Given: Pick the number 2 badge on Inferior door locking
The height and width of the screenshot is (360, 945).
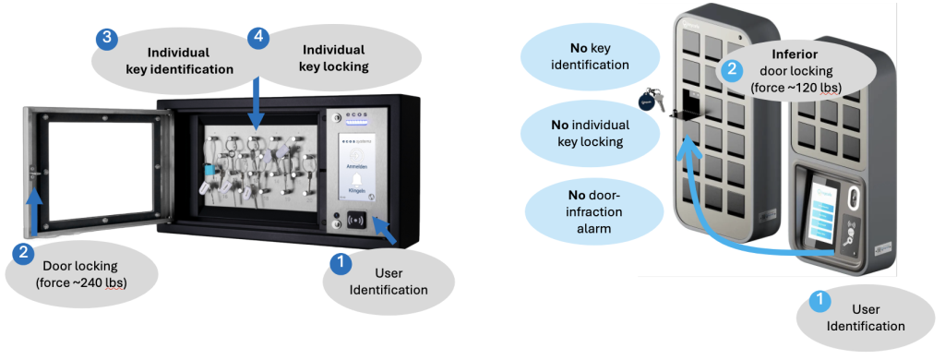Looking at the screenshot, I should pyautogui.click(x=731, y=69).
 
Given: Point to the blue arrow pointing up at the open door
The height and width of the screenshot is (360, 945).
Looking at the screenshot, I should pyautogui.click(x=34, y=210).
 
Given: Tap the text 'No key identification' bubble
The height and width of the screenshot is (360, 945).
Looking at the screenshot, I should pyautogui.click(x=588, y=55).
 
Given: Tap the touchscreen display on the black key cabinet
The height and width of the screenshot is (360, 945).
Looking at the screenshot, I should pyautogui.click(x=356, y=167).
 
